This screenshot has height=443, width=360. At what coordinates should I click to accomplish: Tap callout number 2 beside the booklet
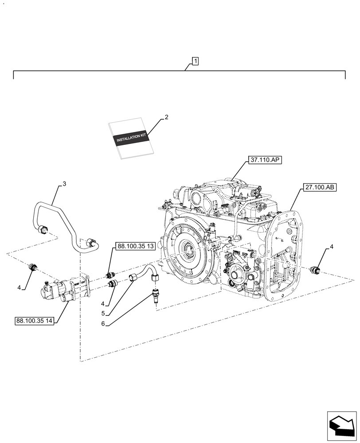click(166, 117)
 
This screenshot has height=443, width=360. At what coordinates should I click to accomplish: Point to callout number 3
click(64, 183)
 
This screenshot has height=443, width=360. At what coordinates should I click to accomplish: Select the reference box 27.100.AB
click(320, 188)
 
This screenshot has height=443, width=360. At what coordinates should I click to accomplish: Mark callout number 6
click(103, 324)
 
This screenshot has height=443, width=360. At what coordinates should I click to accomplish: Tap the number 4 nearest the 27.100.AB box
click(331, 246)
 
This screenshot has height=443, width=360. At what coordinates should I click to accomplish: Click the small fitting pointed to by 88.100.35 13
click(111, 275)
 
